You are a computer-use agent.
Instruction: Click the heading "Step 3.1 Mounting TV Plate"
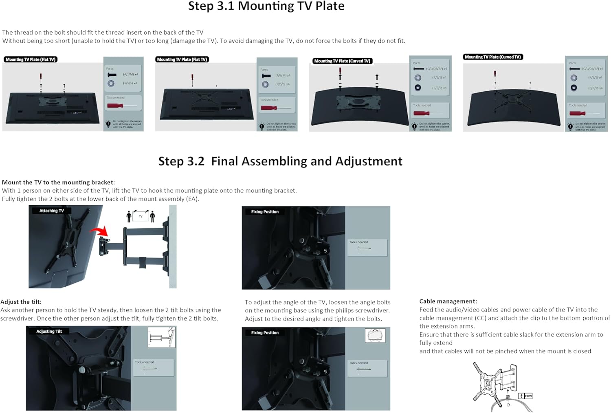[x=266, y=7]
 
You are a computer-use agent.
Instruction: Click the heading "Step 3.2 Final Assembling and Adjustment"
[x=280, y=161]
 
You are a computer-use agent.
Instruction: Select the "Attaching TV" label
[x=51, y=211]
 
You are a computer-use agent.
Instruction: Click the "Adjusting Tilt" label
[x=49, y=331]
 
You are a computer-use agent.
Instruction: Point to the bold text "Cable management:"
[x=448, y=301]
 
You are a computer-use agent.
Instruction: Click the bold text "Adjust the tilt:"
[x=21, y=302]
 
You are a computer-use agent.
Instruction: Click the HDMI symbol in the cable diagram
[x=528, y=396]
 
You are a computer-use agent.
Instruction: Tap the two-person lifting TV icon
[x=141, y=216]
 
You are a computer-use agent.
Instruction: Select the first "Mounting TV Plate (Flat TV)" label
[x=31, y=59]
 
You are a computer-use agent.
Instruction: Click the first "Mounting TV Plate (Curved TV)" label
[x=342, y=61]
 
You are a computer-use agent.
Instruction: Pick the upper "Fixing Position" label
[x=265, y=212]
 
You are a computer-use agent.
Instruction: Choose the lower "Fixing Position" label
[x=265, y=333]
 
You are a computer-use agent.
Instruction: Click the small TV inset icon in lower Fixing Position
[x=375, y=336]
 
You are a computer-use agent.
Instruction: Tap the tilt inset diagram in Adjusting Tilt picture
[x=162, y=337]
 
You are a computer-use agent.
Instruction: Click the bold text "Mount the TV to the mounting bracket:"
[x=58, y=182]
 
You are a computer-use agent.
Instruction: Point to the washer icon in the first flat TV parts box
[x=111, y=83]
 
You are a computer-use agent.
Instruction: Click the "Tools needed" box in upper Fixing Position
[x=367, y=247]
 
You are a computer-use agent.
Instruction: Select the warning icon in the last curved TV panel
[x=570, y=127]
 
